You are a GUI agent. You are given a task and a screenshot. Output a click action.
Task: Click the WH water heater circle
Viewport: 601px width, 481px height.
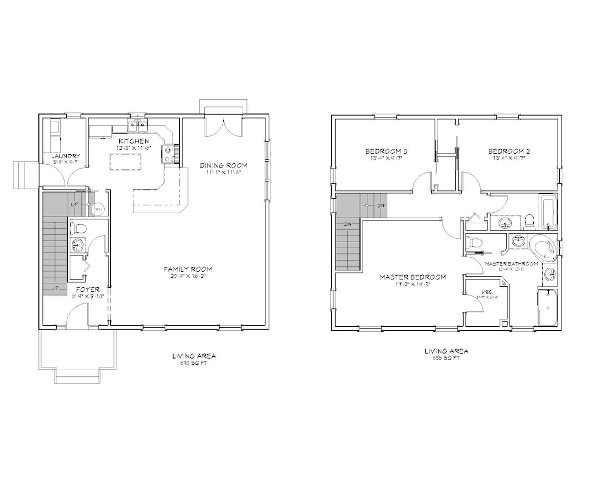point(98,209)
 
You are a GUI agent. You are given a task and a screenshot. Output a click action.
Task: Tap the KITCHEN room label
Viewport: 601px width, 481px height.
point(133,141)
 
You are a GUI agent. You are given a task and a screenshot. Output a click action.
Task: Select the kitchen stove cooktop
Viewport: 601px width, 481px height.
point(170,153)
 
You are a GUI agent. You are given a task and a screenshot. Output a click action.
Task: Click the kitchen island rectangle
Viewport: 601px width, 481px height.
point(124,162)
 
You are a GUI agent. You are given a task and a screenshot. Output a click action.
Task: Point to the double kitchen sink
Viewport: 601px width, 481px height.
point(137,125)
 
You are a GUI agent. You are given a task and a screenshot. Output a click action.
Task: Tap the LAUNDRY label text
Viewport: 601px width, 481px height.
point(66,156)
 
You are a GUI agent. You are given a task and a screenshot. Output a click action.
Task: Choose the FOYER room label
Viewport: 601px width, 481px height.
point(88,289)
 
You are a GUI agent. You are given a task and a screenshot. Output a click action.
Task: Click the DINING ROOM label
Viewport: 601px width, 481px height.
point(224,165)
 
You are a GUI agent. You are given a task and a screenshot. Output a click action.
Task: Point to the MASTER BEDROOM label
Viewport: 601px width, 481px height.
point(413,277)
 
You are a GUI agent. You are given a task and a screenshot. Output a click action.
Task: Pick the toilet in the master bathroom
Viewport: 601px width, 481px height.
point(475,243)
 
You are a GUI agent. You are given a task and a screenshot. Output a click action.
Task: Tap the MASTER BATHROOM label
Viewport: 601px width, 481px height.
point(511,263)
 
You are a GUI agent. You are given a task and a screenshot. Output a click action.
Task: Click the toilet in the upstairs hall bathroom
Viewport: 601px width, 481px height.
point(530,222)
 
